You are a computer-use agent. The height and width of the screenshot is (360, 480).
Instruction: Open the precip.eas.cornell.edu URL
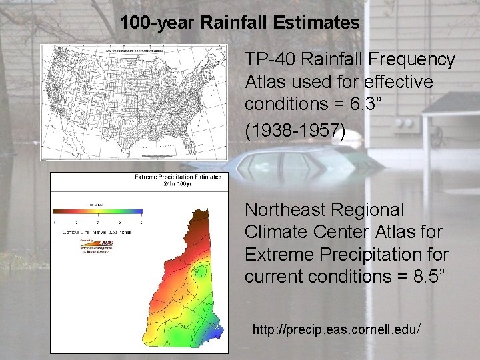pyautogui.click(x=336, y=329)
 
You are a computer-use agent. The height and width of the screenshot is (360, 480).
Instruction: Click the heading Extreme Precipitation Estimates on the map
pyautogui.click(x=178, y=177)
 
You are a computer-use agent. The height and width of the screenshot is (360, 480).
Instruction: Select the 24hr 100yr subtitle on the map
pyautogui.click(x=177, y=184)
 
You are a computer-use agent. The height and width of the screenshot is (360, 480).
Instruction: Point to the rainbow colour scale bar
pyautogui.click(x=97, y=214)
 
